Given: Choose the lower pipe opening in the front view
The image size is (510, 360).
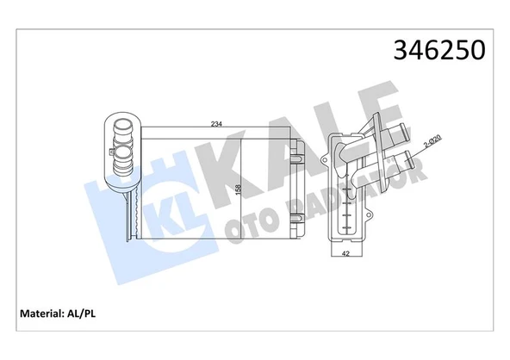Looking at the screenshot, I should [x=121, y=157].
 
